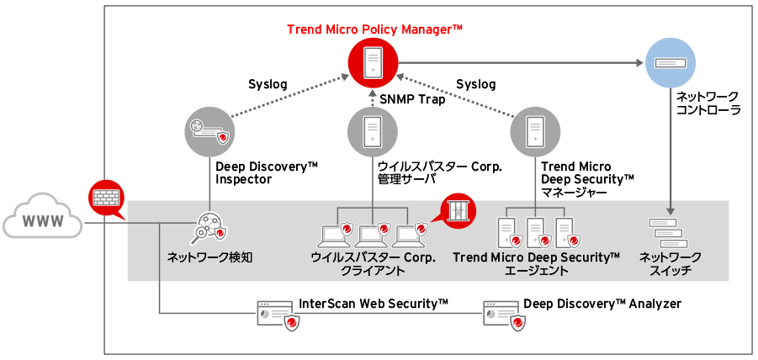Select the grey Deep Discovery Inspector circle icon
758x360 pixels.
click(x=208, y=131)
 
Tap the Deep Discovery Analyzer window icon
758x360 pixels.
click(x=501, y=313)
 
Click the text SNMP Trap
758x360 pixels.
click(x=413, y=99)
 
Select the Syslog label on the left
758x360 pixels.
click(x=268, y=84)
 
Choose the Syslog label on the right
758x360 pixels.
click(x=475, y=84)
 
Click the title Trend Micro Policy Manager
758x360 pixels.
click(x=374, y=29)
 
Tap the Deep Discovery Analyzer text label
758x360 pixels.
click(x=602, y=304)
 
